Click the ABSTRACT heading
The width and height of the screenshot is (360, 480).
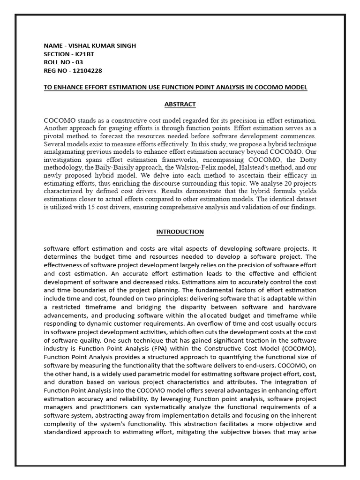pyautogui.click(x=180, y=104)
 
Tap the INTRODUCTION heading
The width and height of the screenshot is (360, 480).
pyautogui.click(x=180, y=232)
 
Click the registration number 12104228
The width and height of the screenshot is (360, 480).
pyautogui.click(x=87, y=71)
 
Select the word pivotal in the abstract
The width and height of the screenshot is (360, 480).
pyautogui.click(x=54, y=136)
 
